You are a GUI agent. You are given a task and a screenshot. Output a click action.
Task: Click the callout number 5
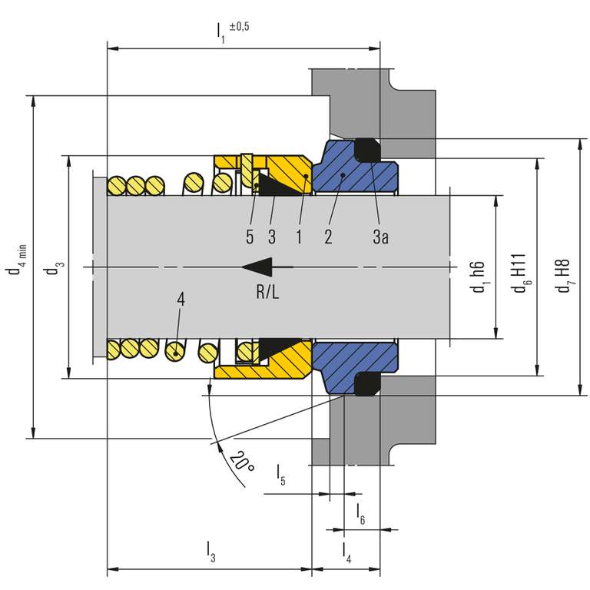[x=250, y=237]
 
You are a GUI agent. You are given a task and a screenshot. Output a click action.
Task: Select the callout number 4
[x=181, y=300]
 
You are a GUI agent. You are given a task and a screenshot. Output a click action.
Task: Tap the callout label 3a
[x=380, y=237]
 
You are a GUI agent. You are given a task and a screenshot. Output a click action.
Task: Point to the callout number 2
[x=328, y=237]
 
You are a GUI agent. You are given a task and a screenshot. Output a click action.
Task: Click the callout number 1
[x=299, y=237]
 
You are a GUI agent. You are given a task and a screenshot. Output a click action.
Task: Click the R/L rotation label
[x=267, y=292]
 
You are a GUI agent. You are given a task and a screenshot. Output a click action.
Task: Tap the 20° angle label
[x=241, y=461]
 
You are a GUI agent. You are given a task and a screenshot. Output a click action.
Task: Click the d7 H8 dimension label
[x=564, y=276]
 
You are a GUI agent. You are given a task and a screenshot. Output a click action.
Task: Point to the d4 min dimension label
[x=16, y=260]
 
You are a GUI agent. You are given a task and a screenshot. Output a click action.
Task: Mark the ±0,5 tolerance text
[x=240, y=27]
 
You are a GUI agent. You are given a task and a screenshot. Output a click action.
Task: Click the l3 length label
[x=211, y=552]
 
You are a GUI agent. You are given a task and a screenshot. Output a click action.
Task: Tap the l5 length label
[x=281, y=475]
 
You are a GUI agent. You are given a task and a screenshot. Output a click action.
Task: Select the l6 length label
[x=361, y=514]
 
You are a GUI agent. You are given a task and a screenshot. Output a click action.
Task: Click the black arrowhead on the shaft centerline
[x=257, y=267]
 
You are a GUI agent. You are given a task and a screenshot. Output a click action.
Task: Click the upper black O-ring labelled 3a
[x=368, y=151]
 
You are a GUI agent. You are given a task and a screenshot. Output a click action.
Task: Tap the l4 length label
[x=346, y=553]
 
